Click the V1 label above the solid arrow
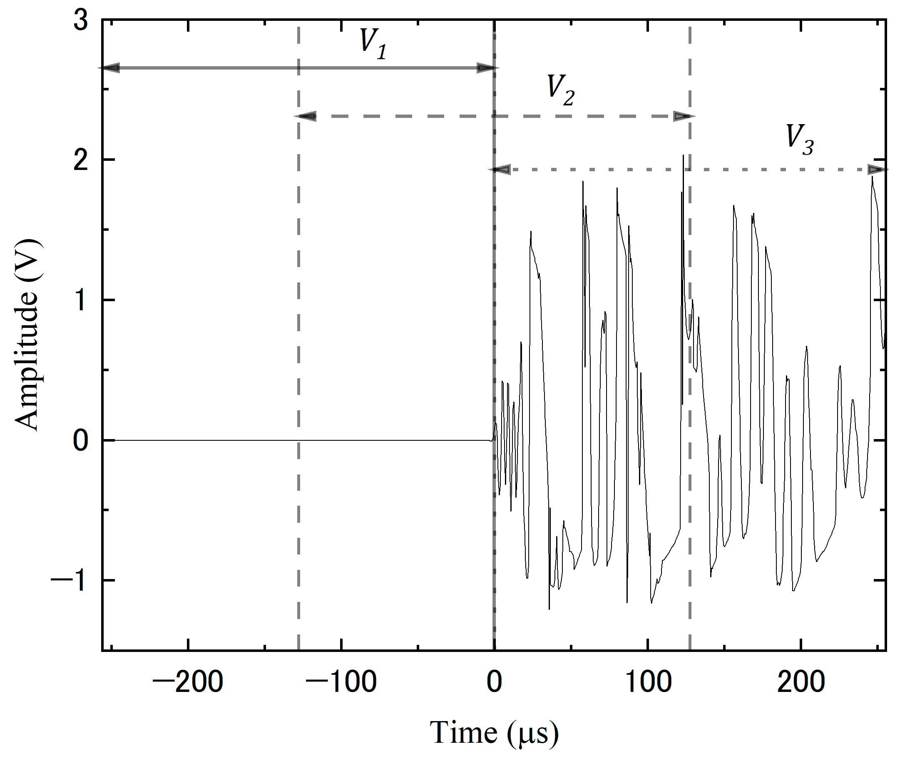pyautogui.click(x=373, y=44)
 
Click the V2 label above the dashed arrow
pyautogui.click(x=560, y=90)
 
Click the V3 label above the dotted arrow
pyautogui.click(x=799, y=140)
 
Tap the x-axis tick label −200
pyautogui.click(x=187, y=682)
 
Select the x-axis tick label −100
pyautogui.click(x=341, y=682)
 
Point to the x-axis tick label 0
pyautogui.click(x=494, y=682)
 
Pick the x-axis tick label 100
pyautogui.click(x=648, y=682)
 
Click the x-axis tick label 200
pyautogui.click(x=801, y=682)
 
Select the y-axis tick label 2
pyautogui.click(x=81, y=160)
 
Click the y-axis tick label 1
pyautogui.click(x=81, y=300)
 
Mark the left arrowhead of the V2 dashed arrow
pyautogui.click(x=306, y=116)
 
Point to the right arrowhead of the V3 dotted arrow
pyautogui.click(x=877, y=170)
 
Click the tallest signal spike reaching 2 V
pyautogui.click(x=683, y=157)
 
